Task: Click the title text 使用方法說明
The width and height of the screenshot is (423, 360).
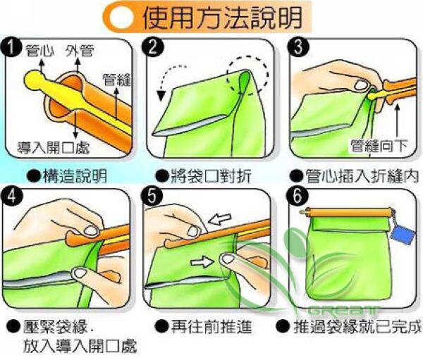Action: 222,17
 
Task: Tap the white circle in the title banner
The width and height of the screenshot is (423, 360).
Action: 122,18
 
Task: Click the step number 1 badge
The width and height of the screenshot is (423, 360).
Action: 11,47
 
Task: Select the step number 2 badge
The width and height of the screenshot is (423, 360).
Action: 153,47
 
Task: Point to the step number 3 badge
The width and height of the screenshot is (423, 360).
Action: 298,47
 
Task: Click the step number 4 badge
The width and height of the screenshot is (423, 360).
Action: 11,196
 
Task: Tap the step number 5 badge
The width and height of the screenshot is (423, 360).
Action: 152,196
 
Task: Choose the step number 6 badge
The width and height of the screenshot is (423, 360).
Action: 297,196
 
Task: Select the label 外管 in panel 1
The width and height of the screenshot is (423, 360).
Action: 80,51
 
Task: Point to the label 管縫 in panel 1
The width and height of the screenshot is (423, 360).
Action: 116,80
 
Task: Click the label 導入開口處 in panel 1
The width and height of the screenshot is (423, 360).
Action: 54,148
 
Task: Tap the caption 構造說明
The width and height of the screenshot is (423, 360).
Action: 75,176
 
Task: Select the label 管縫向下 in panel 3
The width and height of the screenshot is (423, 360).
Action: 379,146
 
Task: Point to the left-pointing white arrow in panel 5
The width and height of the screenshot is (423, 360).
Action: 220,219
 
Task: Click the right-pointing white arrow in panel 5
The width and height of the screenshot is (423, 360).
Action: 202,261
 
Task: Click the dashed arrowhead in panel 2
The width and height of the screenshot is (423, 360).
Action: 161,95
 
